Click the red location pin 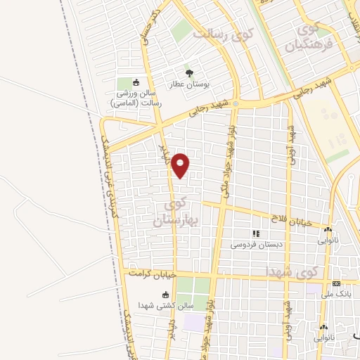coord(181,165)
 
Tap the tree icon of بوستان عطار coord(188,72)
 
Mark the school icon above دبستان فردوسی coord(256,233)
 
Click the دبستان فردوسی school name coord(256,245)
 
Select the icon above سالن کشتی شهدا coord(166,295)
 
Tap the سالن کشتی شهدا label coord(166,307)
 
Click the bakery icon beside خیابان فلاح coord(328,229)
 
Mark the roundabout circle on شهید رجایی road coord(236,104)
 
